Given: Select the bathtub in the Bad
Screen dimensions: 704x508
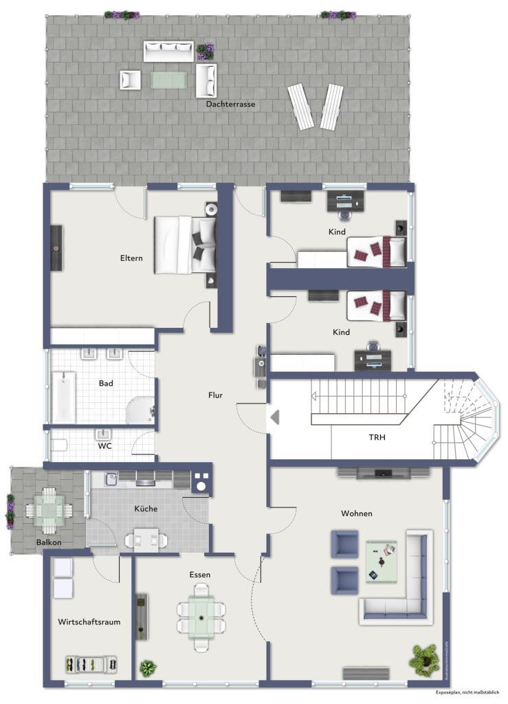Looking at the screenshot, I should click(64, 397).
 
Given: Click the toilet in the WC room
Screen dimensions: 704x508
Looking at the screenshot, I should click(58, 445).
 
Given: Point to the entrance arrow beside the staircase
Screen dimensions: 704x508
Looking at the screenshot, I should click(275, 417).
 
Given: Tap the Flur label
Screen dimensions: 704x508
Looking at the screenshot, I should click(216, 395).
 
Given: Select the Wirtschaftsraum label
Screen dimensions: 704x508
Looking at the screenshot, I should click(89, 621).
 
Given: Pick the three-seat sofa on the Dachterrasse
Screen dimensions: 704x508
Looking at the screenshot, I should click(168, 51).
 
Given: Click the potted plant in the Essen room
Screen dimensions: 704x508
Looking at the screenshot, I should click(147, 667).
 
